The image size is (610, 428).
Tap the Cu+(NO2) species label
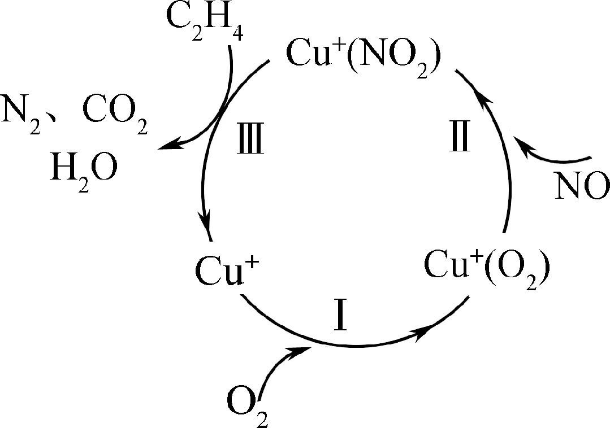pyautogui.click(x=362, y=58)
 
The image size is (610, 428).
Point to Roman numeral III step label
pyautogui.click(x=249, y=141)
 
